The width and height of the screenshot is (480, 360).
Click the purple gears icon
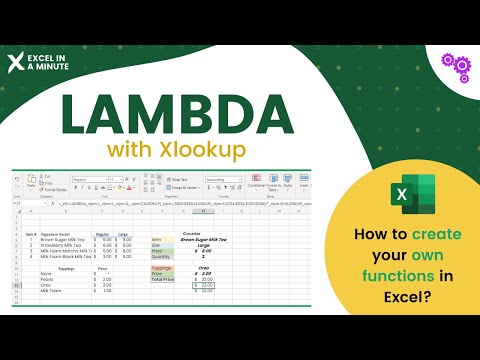[456, 65]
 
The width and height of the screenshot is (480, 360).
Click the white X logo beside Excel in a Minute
[14, 62]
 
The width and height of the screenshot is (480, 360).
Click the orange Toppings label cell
[162, 268]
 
